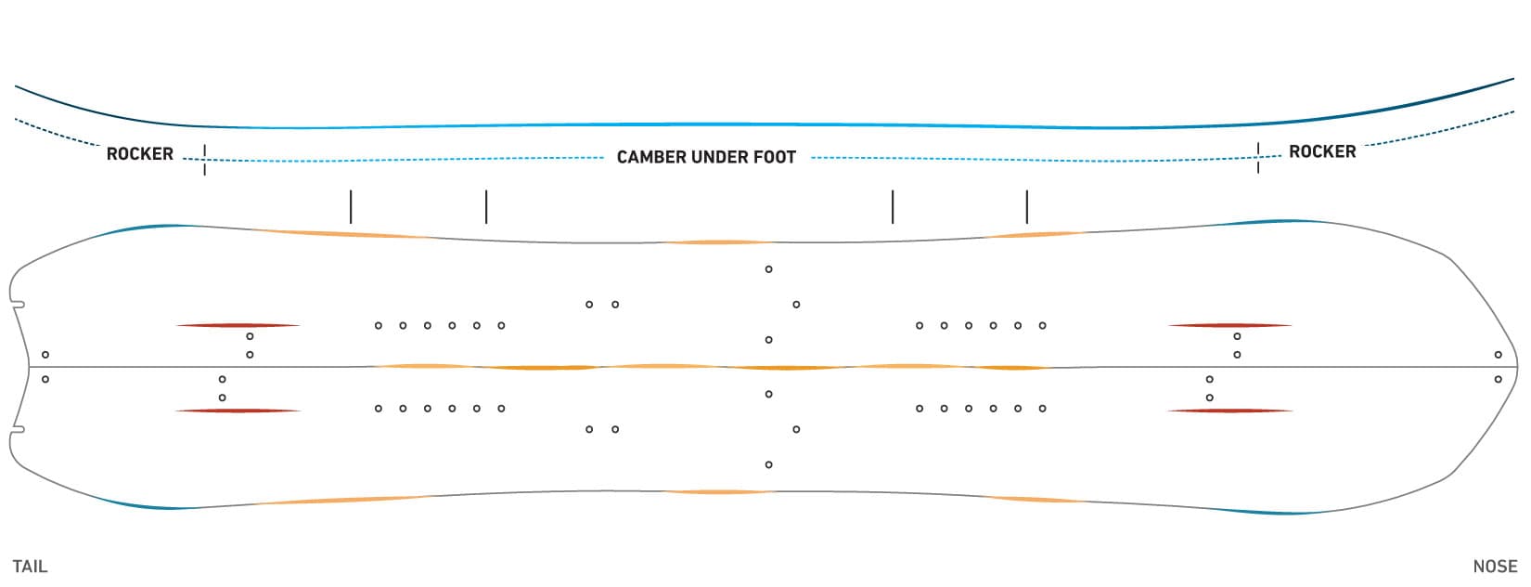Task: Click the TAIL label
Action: pos(30,567)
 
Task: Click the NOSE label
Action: pos(1496,567)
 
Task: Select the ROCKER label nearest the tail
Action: pos(140,154)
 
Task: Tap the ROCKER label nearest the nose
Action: pos(1322,152)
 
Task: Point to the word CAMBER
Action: pos(652,157)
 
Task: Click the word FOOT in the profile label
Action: pos(775,157)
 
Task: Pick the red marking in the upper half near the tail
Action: pos(238,325)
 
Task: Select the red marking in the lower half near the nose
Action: pos(1230,411)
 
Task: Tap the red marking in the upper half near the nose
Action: pos(1230,325)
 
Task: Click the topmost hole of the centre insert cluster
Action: pos(769,269)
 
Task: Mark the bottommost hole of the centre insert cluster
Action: pos(769,464)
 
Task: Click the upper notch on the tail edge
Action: pos(19,305)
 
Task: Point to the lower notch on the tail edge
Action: pos(19,430)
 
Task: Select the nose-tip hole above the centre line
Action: pos(1499,355)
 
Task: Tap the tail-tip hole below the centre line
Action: pos(45,379)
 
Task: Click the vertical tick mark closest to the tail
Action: pos(351,206)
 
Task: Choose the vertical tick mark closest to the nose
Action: pos(1026,206)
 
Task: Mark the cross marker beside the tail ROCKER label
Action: pos(204,160)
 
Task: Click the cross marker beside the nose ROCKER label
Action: pos(1258,158)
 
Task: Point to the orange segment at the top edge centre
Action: pos(717,242)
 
